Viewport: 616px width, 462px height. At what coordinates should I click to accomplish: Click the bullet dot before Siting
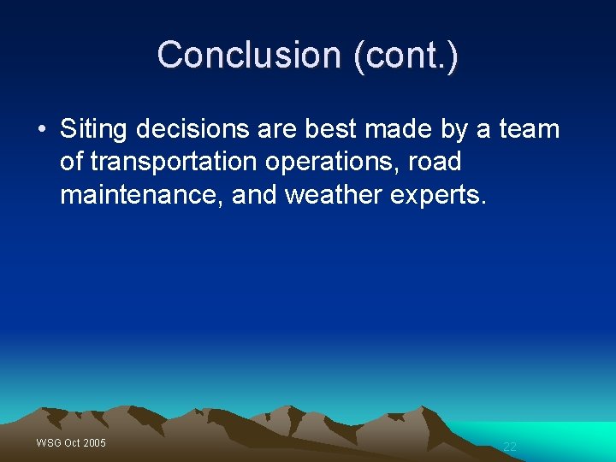(41, 130)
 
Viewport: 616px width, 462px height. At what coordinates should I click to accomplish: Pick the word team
(529, 130)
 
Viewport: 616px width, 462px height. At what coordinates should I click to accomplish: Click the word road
(436, 162)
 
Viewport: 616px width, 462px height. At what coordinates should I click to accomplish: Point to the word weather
(333, 195)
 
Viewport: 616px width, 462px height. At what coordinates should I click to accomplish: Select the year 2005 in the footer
(94, 442)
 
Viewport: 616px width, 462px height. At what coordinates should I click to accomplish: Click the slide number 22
(510, 447)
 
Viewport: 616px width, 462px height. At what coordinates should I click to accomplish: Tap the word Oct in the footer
(72, 442)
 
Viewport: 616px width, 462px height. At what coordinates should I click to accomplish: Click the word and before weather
(255, 195)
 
